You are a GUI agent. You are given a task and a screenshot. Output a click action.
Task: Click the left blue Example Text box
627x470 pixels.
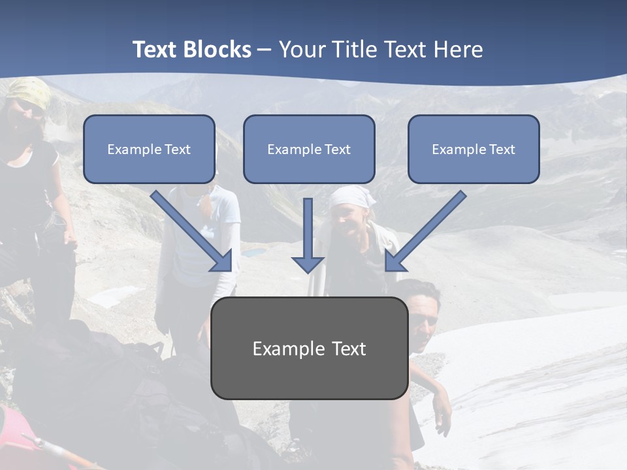click(x=149, y=149)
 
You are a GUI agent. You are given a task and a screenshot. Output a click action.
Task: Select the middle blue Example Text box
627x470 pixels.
click(x=309, y=149)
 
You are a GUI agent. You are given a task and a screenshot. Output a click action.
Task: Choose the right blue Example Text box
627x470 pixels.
click(x=474, y=149)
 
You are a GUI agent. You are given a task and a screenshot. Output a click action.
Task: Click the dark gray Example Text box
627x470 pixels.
click(x=309, y=348)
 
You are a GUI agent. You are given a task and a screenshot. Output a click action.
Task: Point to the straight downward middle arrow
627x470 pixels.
click(x=308, y=235)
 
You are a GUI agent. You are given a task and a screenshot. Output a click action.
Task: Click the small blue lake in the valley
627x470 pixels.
click(x=254, y=251)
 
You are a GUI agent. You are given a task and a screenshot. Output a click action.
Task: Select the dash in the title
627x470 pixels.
click(x=265, y=50)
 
